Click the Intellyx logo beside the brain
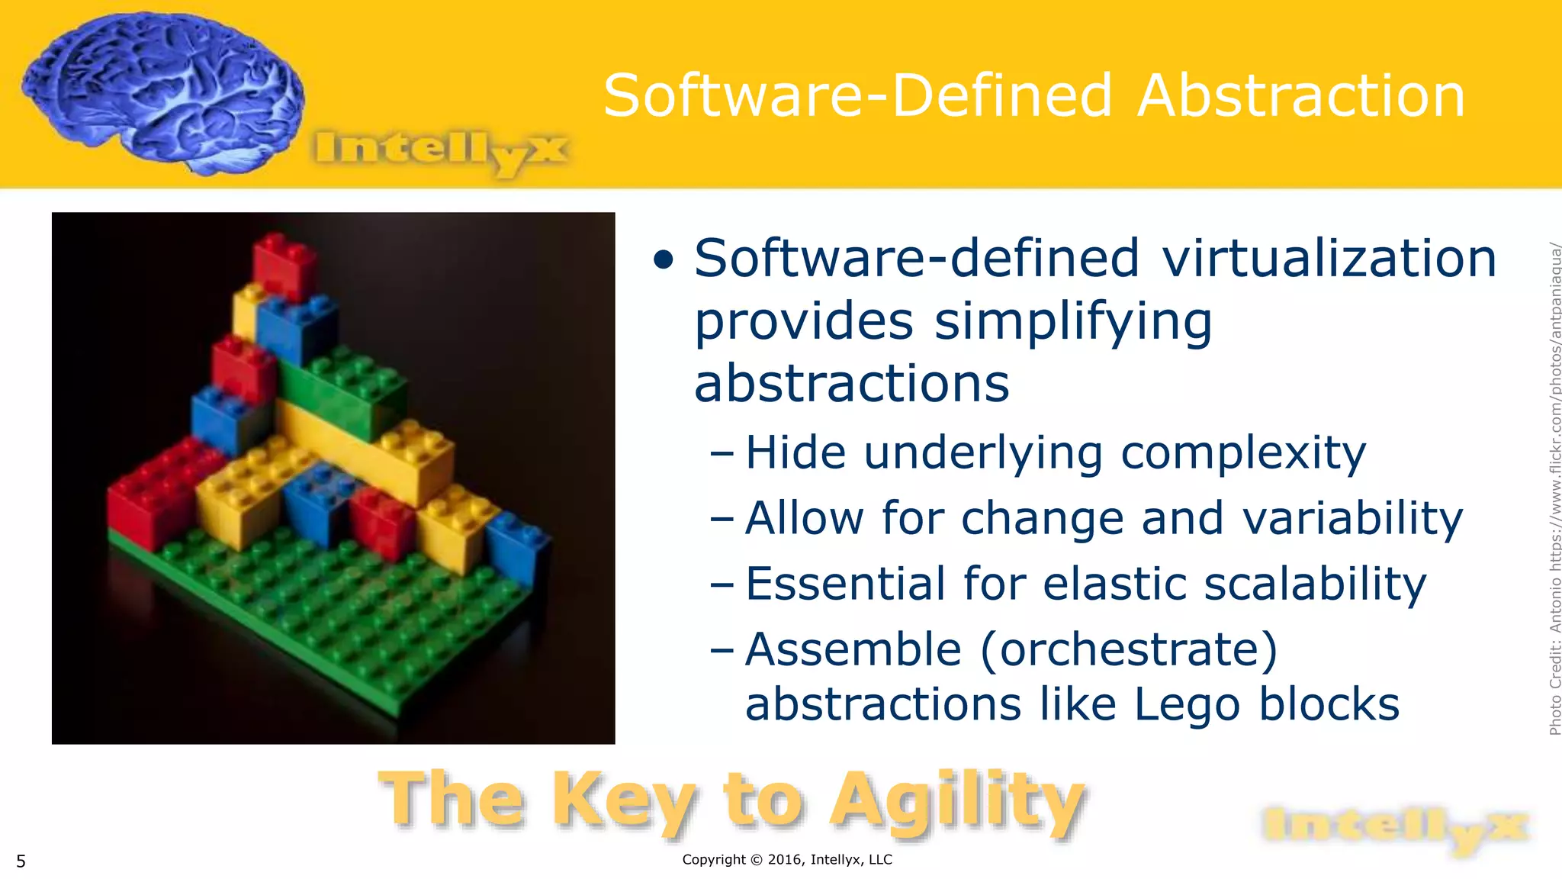(441, 150)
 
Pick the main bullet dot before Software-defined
(664, 260)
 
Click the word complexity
(1243, 453)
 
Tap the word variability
(1352, 519)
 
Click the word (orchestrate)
(1128, 650)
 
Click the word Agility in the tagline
(957, 801)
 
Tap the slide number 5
(21, 861)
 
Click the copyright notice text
(786, 860)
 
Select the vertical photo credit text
(1554, 488)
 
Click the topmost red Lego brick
(284, 265)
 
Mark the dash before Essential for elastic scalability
(722, 585)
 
